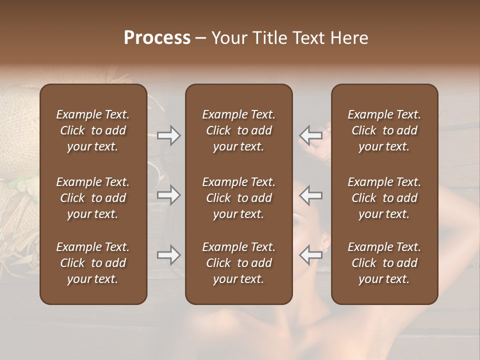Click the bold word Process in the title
[x=157, y=38]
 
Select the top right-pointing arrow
[x=168, y=135]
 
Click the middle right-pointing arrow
[x=168, y=195]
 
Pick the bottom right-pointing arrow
[x=168, y=255]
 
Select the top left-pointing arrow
[x=311, y=135]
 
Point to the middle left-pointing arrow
[x=311, y=195]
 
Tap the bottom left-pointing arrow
[x=311, y=255]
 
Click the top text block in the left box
[x=93, y=130]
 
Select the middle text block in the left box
[x=93, y=198]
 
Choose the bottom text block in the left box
[x=93, y=263]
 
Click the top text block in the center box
[x=239, y=130]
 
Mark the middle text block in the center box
[x=239, y=198]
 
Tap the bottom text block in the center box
[x=239, y=263]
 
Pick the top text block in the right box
[x=384, y=130]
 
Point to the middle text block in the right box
[x=384, y=198]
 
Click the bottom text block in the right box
[x=384, y=263]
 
